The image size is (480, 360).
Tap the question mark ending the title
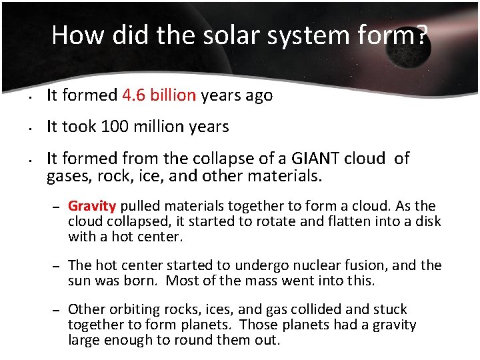(422, 35)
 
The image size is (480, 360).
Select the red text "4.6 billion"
(159, 95)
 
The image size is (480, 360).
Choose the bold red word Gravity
(92, 206)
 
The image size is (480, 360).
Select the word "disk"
(427, 221)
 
